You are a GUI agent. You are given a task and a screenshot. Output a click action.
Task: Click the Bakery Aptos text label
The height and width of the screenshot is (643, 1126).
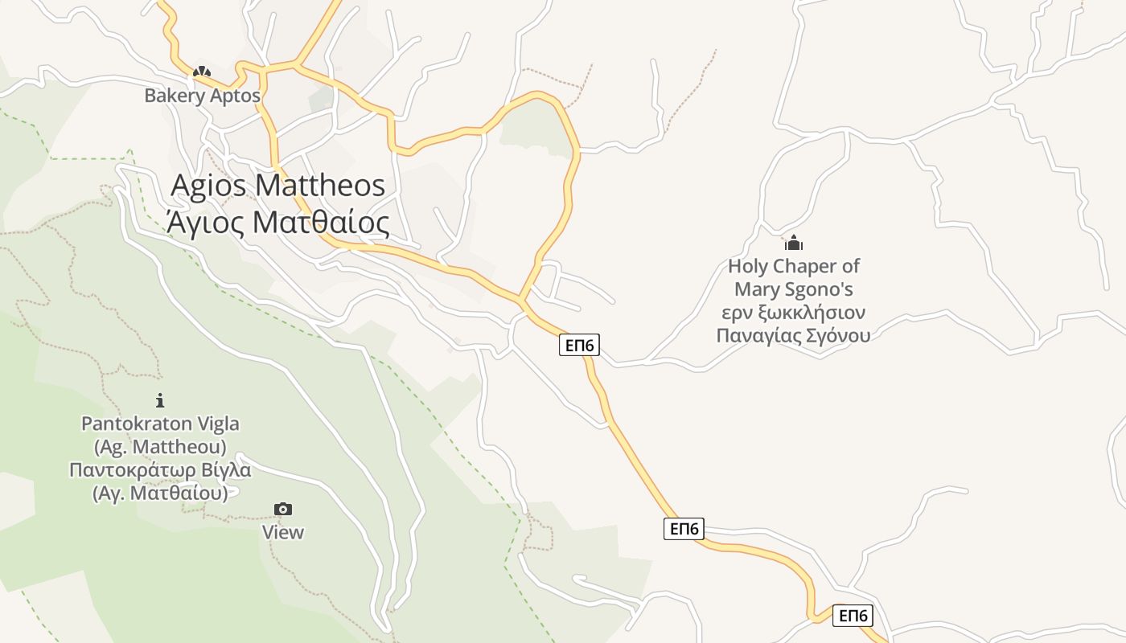click(202, 96)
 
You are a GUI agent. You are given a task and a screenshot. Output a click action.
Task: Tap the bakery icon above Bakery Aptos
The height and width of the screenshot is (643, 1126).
click(202, 72)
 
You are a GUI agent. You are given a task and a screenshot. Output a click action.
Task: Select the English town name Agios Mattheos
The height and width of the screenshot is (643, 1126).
click(278, 186)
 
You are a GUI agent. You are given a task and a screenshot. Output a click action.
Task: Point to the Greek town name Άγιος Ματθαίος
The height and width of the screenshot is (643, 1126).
click(278, 222)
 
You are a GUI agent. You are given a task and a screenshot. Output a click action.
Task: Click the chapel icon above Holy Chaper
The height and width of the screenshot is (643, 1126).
click(794, 243)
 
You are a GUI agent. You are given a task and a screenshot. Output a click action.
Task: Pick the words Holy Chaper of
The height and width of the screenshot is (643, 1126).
click(794, 266)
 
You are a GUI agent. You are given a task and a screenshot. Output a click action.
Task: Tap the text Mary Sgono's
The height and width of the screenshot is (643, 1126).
click(794, 289)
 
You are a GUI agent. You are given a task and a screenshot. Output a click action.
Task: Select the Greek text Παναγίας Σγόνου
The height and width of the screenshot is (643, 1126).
click(794, 335)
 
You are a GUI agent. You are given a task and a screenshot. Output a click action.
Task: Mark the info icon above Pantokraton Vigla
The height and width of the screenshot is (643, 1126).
click(160, 399)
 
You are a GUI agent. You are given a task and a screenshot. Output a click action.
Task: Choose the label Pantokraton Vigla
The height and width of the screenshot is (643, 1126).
click(160, 424)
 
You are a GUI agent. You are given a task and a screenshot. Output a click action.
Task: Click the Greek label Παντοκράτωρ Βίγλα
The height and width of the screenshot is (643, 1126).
click(160, 469)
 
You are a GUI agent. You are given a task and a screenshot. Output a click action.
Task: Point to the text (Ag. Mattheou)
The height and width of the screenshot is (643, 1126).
click(160, 446)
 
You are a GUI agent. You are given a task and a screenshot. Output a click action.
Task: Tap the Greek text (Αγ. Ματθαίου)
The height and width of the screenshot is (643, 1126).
click(160, 493)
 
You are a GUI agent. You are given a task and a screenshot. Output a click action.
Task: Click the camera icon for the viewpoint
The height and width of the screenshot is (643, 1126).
click(283, 509)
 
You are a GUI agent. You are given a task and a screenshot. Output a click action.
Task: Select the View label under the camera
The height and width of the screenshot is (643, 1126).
click(283, 532)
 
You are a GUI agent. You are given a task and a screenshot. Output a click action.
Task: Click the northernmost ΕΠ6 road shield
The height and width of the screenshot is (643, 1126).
click(580, 346)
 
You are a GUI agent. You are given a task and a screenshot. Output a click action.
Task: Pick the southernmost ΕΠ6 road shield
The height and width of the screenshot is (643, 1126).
click(853, 616)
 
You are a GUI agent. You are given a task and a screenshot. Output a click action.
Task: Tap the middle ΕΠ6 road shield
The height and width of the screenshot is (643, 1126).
click(684, 529)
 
